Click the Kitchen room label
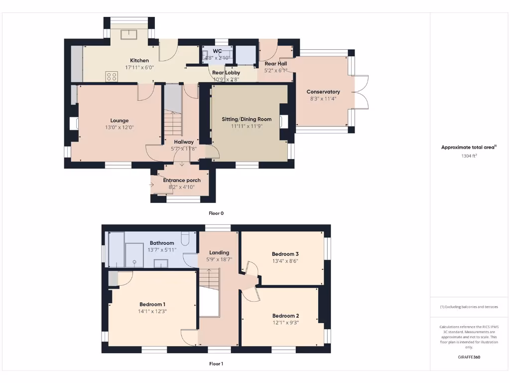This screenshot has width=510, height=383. click(139, 60)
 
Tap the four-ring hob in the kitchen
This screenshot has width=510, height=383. click(112, 76)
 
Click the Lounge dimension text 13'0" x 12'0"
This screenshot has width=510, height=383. click(119, 128)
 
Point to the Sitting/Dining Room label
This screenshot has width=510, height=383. click(247, 119)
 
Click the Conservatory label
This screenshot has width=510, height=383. click(323, 92)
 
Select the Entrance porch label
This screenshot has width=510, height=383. click(182, 180)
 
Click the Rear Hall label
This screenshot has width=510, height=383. click(275, 64)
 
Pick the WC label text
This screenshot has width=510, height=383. click(217, 51)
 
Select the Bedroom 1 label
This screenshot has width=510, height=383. click(152, 304)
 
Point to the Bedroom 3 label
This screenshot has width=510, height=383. click(285, 253)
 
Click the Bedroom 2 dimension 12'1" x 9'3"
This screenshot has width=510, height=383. click(285, 323)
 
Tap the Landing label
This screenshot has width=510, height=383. click(219, 252)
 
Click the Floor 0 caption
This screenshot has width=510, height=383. click(216, 213)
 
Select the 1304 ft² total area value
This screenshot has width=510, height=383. click(469, 156)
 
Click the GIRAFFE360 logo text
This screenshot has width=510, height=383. click(469, 357)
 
